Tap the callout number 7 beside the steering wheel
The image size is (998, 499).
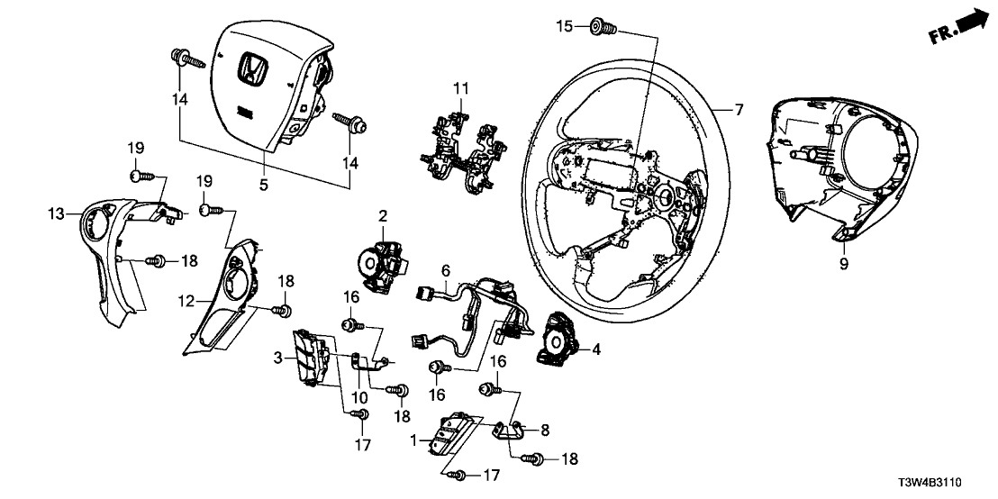[x=739, y=111]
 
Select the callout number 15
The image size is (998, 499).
[x=563, y=27]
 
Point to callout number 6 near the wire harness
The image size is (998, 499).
[x=445, y=269]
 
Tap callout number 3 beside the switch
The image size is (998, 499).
[x=278, y=358]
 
